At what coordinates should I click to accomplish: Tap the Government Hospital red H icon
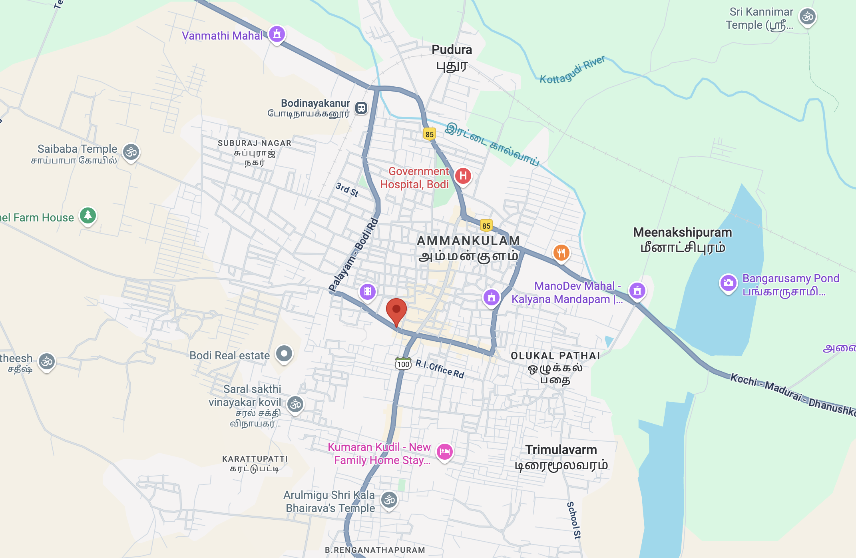click(463, 176)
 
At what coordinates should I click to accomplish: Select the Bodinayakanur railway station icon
click(361, 108)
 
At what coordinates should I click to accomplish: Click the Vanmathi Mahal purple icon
click(277, 34)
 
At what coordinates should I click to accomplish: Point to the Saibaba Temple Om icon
click(131, 152)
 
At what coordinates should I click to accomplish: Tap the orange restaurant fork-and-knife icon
click(561, 253)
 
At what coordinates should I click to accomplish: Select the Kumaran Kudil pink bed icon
click(444, 452)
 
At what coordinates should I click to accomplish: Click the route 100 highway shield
click(403, 364)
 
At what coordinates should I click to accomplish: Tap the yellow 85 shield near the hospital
click(430, 134)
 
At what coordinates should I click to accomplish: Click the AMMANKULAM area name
click(468, 241)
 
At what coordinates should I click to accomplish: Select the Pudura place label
click(452, 50)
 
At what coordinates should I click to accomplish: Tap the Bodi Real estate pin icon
click(284, 354)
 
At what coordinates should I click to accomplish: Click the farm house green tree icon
click(88, 216)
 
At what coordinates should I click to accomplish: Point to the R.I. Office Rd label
click(440, 369)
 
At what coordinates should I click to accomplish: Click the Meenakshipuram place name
click(682, 232)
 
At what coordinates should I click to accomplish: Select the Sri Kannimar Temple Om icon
click(807, 17)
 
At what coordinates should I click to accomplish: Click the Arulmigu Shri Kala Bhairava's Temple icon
click(389, 500)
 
